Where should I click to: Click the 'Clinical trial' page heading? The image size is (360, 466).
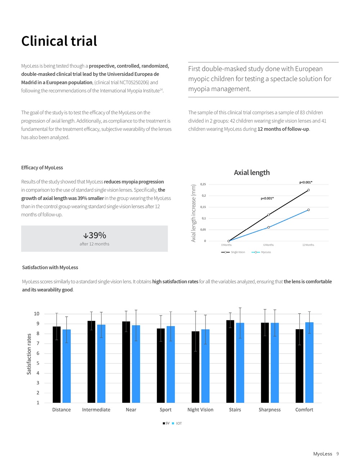(59, 41)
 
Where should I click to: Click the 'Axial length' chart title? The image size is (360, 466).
(252, 172)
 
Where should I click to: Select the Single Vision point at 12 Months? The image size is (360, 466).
(309, 190)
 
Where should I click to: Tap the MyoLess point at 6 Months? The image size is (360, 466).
(269, 227)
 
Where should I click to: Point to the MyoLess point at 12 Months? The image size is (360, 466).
(309, 210)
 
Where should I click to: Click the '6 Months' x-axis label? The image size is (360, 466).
(269, 245)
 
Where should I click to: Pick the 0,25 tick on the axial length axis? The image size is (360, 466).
(203, 184)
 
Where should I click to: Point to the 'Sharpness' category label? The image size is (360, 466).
(270, 410)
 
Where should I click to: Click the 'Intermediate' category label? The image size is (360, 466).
(96, 410)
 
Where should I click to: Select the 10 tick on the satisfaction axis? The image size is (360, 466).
(36, 314)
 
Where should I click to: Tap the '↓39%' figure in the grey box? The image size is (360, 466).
(94, 235)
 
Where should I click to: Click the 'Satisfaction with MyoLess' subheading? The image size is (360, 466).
(50, 267)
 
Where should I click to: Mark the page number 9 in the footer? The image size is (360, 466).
(338, 454)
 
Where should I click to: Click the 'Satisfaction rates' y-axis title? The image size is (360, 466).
(29, 354)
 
